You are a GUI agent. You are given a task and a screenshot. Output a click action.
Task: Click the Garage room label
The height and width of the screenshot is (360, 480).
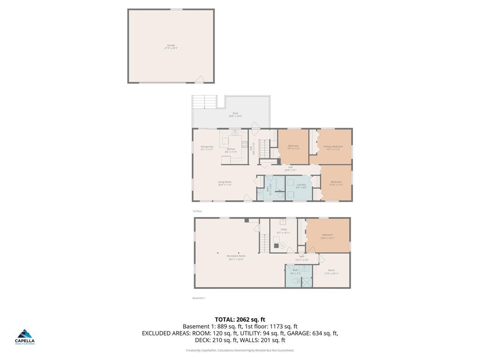click(171, 46)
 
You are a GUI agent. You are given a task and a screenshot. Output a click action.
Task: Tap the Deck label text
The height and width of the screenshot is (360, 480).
click(235, 114)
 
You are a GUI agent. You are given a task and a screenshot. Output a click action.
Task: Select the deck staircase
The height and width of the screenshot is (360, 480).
click(204, 102)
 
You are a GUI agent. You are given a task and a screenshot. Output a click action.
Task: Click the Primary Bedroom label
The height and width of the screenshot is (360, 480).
click(333, 148)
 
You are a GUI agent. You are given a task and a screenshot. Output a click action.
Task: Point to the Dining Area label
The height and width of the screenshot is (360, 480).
click(207, 148)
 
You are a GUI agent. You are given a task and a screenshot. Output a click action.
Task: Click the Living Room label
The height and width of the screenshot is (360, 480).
click(225, 183)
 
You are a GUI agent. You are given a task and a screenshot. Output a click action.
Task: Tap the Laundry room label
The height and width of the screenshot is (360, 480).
click(301, 186)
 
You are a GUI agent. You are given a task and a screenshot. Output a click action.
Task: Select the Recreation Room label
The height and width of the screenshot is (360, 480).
click(236, 257)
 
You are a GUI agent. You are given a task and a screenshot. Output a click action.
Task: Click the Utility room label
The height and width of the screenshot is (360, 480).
click(284, 231)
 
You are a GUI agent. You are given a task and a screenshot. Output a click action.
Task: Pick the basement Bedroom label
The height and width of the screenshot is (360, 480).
click(327, 236)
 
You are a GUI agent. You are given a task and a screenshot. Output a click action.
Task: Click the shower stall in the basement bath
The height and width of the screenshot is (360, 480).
click(307, 282)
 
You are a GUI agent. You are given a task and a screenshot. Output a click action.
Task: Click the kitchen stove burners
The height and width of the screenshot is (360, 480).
click(244, 144)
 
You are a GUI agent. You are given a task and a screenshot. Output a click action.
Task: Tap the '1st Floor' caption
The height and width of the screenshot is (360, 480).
click(197, 211)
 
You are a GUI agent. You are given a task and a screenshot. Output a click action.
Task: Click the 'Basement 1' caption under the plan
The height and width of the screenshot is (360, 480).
click(199, 298)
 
